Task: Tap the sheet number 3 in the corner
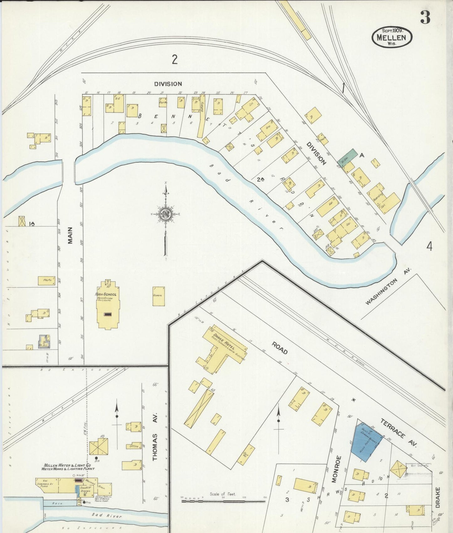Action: click(x=425, y=18)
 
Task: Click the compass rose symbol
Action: click(x=165, y=215)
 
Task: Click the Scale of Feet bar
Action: click(x=223, y=501)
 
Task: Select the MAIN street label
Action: click(x=70, y=235)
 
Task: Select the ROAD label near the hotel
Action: click(x=280, y=348)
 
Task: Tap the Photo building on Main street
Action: click(x=47, y=280)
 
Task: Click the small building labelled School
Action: click(x=159, y=296)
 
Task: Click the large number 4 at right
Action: click(x=429, y=247)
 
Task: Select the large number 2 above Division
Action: click(x=175, y=59)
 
